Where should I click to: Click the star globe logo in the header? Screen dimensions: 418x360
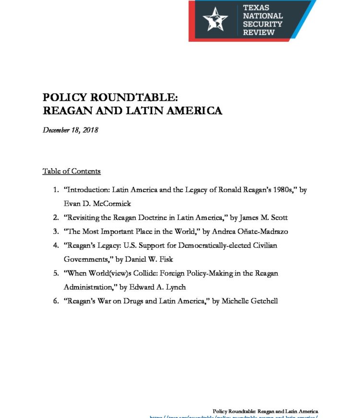(215, 20)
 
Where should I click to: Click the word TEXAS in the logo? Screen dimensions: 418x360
(256, 8)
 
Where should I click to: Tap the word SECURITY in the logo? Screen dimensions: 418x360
(262, 24)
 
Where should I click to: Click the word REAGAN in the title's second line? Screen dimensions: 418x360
(64, 111)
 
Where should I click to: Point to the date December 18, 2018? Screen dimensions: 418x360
(71, 130)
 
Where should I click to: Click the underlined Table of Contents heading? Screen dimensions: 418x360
(72, 171)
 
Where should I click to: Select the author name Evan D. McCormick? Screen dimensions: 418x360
(96, 204)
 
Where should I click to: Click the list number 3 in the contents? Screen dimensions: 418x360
(56, 232)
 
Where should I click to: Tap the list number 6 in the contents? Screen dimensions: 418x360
(56, 301)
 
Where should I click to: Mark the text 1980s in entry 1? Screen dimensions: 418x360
(280, 190)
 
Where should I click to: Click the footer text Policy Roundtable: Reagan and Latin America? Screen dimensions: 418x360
(265, 411)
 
